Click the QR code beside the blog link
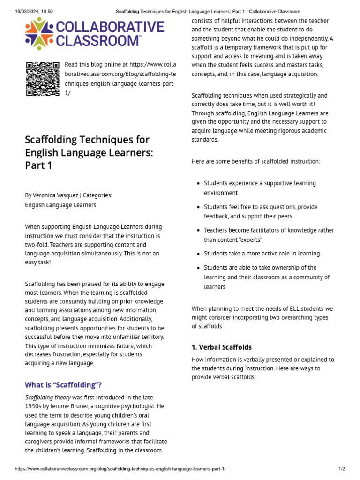tap(42, 79)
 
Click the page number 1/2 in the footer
tap(341, 469)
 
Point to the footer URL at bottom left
tap(120, 469)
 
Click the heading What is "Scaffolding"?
tap(63, 385)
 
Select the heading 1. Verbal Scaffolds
tap(221, 347)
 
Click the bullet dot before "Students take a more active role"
tap(199, 254)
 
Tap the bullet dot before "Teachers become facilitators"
tap(199, 231)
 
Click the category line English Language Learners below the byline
tap(60, 205)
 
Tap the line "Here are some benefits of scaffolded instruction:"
tap(256, 161)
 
